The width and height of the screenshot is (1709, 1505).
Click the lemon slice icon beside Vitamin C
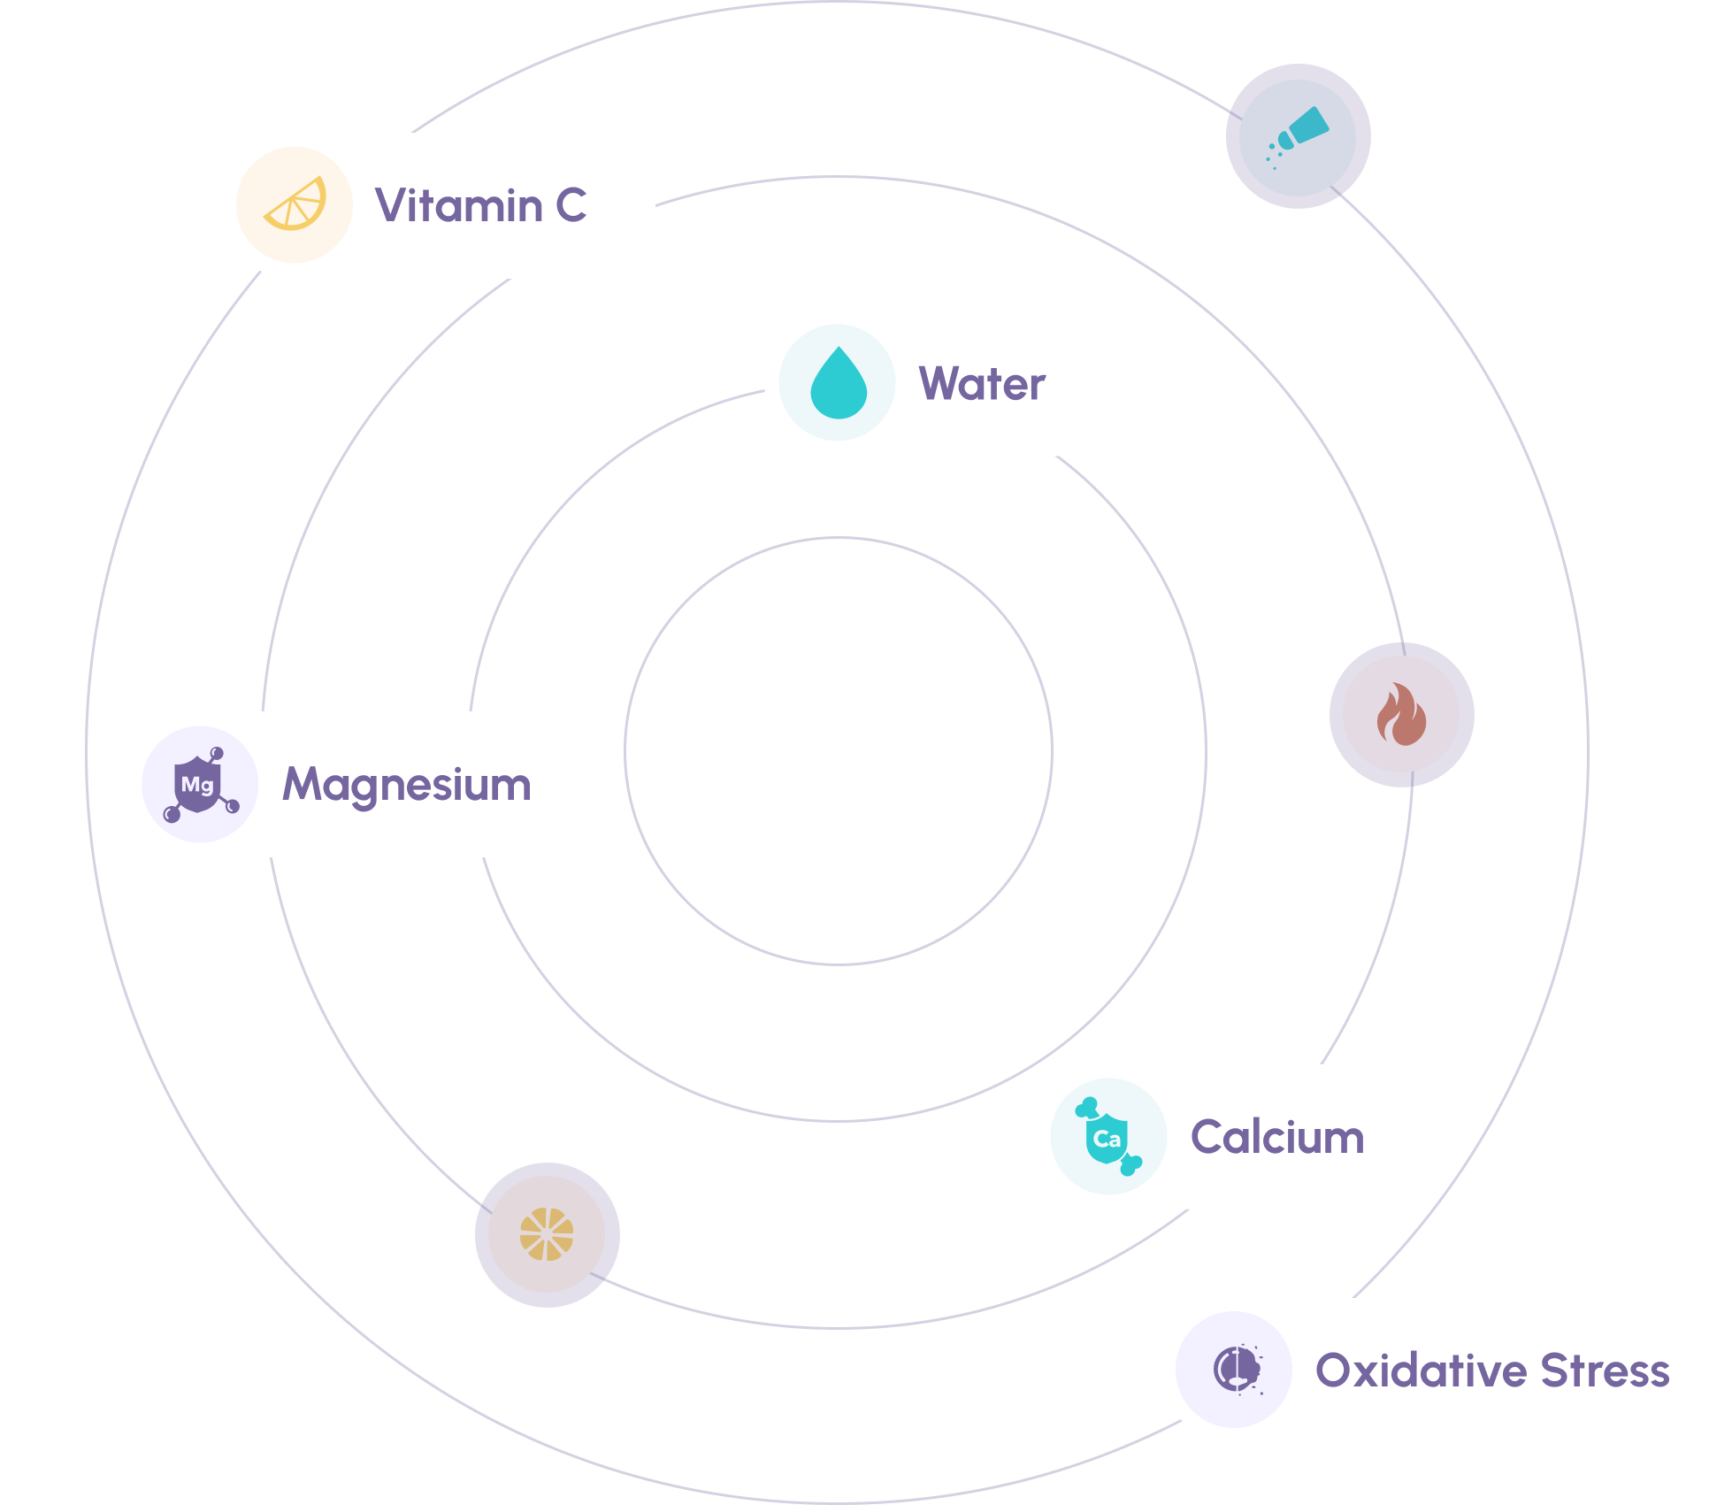point(295,204)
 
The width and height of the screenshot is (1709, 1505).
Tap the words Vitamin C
point(480,205)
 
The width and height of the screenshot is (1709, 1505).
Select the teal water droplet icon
point(838,383)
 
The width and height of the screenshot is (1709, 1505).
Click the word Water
point(982,384)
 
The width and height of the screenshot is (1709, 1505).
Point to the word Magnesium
point(407,785)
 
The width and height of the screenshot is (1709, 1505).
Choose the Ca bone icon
point(1107,1137)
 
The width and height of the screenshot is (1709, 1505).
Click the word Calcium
point(1277,1137)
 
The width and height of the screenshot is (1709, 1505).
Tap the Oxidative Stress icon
point(1236,1370)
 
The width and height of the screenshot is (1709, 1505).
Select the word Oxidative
point(1421,1371)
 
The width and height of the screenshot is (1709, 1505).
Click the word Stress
point(1605,1371)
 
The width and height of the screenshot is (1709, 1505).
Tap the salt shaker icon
point(1298,136)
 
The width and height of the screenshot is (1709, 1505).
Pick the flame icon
point(1401,714)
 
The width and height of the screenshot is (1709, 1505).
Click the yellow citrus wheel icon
point(547,1234)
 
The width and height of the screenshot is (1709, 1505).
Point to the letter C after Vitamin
point(571,205)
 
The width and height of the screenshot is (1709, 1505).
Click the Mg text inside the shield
point(197,785)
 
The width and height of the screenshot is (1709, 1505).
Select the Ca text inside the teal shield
point(1107,1139)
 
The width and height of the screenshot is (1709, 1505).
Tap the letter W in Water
point(939,384)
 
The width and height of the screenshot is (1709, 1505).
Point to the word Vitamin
point(459,205)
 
